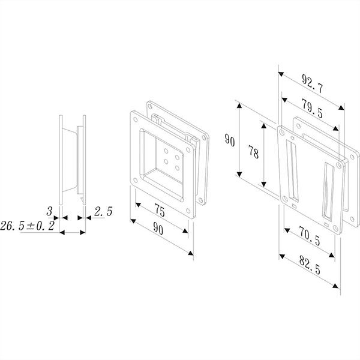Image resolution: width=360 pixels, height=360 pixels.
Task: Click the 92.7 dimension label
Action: coord(312,83)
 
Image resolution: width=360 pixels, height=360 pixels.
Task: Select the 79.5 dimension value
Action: coord(312,108)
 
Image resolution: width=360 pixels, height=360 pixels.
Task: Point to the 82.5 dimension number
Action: coord(310,265)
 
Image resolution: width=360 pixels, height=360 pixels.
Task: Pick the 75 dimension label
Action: coord(160,210)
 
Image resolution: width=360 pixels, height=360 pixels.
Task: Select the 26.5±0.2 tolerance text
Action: coord(28,226)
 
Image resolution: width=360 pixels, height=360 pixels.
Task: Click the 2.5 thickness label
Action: coord(103,211)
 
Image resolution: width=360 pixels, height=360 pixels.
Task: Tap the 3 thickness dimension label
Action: coord(49,211)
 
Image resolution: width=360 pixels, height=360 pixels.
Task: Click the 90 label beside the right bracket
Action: coord(230,140)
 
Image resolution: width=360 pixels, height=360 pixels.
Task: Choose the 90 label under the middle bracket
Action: coord(158,229)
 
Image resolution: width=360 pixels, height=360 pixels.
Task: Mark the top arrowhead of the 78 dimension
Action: coord(264,126)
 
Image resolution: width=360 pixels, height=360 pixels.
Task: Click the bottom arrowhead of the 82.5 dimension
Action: coord(336,286)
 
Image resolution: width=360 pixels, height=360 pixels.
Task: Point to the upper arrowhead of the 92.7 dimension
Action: coord(281,74)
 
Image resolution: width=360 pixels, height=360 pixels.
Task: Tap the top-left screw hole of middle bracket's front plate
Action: coord(136,119)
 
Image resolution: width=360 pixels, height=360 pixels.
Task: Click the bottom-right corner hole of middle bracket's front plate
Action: coord(188,211)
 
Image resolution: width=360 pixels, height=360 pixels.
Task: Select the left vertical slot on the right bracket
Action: coord(292,170)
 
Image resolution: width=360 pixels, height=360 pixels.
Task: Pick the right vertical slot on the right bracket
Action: coord(328,191)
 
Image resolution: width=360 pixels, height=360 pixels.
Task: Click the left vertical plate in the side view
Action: coord(61,160)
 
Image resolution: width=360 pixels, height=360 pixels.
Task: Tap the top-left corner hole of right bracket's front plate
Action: coord(282,133)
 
